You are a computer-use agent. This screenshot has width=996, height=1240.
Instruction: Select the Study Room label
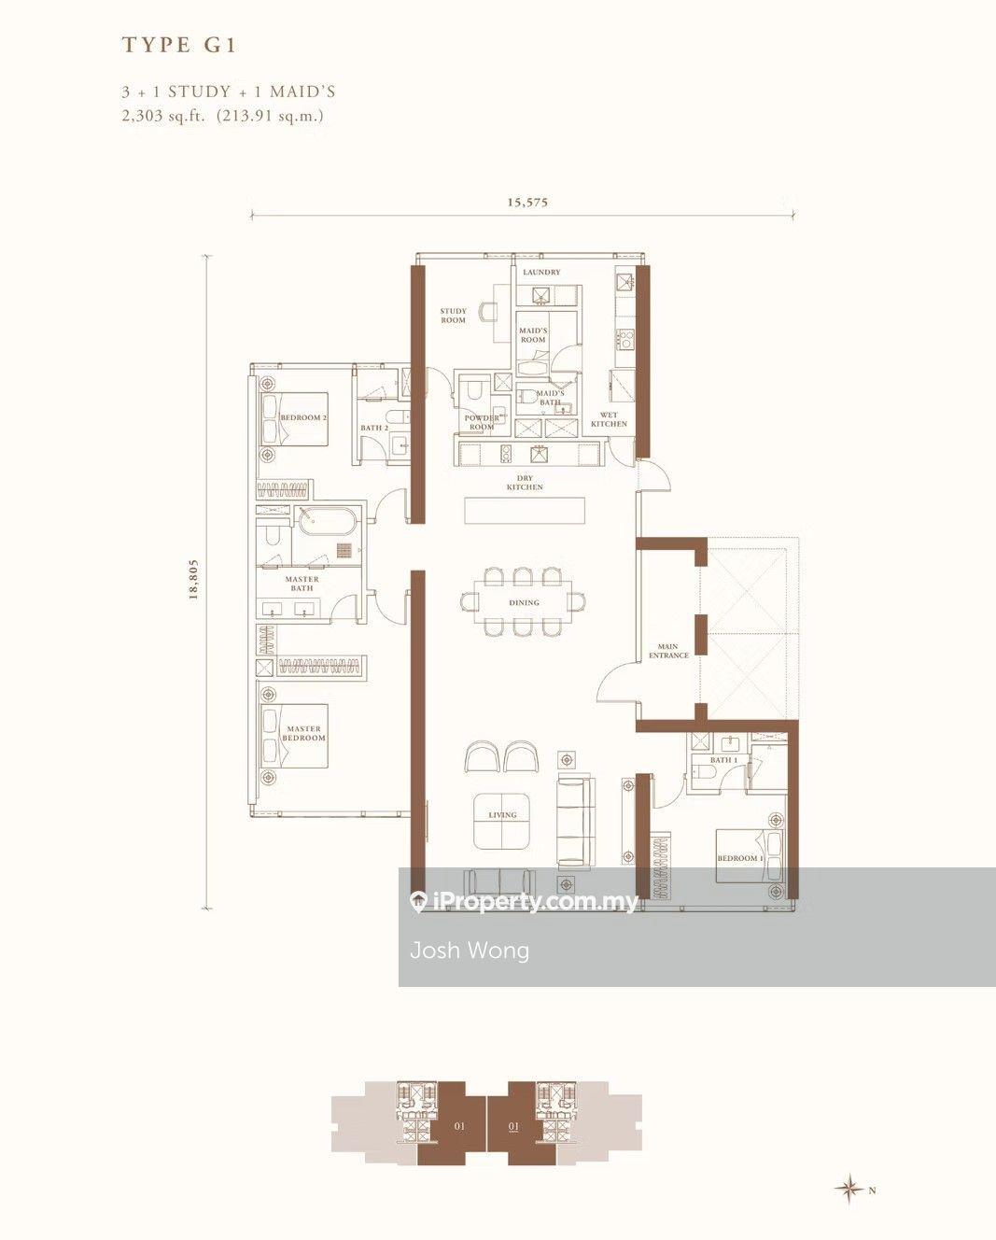tap(454, 316)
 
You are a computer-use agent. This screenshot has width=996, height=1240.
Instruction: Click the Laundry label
tap(541, 273)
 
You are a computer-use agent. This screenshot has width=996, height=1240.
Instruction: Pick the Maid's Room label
tap(533, 335)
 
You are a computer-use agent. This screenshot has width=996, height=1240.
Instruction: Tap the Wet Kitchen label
tap(609, 419)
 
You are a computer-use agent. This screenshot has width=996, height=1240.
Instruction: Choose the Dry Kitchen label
tap(525, 483)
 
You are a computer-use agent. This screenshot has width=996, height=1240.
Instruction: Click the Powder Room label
tap(482, 422)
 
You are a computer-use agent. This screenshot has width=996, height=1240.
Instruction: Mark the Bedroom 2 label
tap(303, 418)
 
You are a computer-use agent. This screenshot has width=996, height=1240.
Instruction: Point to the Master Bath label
tap(302, 584)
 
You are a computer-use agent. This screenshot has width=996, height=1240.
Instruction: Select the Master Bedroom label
tap(304, 733)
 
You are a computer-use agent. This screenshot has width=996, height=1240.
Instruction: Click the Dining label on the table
tap(524, 602)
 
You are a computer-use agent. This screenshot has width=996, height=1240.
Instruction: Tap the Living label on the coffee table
tap(502, 815)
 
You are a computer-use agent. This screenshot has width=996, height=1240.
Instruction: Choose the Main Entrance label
tap(668, 651)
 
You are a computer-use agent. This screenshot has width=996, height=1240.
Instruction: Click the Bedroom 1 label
tap(740, 858)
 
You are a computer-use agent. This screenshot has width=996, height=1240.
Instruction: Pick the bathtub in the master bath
tap(327, 520)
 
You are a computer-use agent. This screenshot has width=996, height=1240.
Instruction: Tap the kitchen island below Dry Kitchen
tap(525, 511)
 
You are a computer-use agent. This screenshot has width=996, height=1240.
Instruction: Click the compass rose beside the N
tap(849, 1189)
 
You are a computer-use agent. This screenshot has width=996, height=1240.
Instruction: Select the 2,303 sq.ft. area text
tap(162, 117)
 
